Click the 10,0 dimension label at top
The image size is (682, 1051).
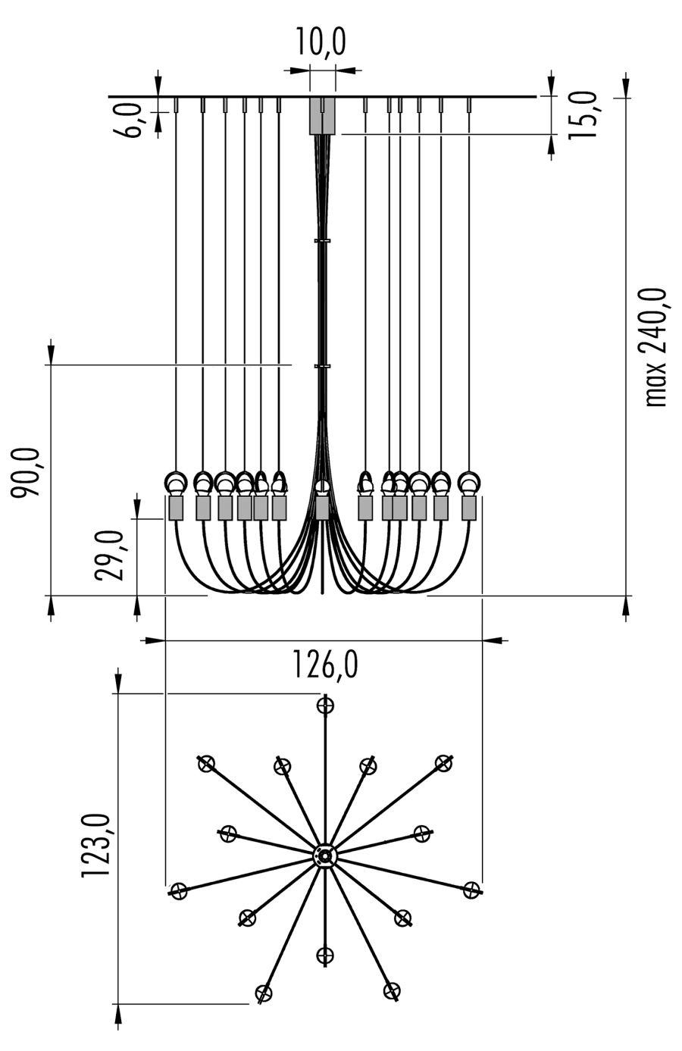point(321,42)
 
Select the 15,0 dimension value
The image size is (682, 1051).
point(583,115)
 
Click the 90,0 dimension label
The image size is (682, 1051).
point(26,473)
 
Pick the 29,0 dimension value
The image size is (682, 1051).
point(109,555)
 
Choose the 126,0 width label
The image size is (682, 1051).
point(325,664)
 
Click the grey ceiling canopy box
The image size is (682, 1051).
point(322,116)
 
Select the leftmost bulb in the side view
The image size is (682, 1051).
point(176,482)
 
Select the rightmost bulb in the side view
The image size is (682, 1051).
point(469,482)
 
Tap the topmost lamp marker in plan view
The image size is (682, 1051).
point(325,705)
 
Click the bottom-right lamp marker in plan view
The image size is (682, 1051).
point(391,991)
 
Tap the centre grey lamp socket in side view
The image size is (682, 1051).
point(322,508)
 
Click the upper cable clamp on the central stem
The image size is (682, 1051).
point(323,241)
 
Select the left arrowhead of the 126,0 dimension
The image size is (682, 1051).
point(155,640)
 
